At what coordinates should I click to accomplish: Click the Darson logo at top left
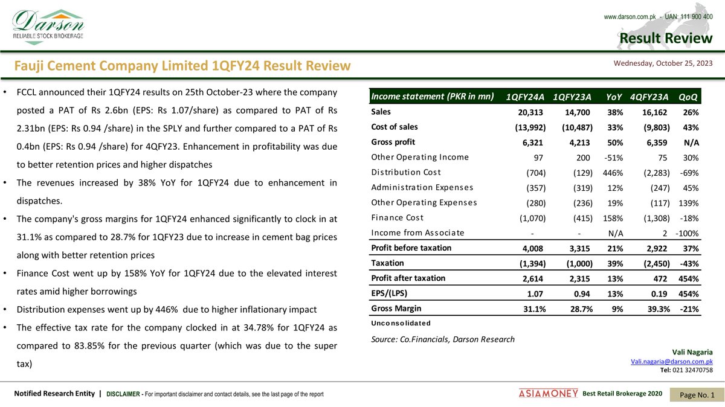click(x=48, y=25)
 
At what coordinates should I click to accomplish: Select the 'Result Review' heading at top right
click(x=666, y=39)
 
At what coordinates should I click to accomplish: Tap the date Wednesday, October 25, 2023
click(x=663, y=63)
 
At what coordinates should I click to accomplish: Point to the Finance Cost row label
click(x=397, y=217)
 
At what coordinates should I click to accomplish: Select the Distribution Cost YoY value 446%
click(x=614, y=172)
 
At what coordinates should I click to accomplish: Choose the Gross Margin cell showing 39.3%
click(x=655, y=309)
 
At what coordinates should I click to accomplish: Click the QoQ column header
click(x=689, y=97)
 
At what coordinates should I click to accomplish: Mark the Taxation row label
click(x=387, y=263)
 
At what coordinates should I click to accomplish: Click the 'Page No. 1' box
click(x=697, y=394)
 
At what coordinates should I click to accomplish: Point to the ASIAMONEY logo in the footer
click(x=548, y=394)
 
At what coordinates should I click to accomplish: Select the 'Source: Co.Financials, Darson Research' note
click(x=443, y=339)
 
